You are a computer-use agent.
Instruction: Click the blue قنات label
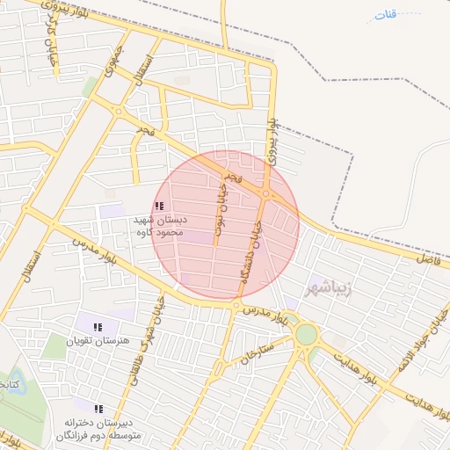click(x=385, y=16)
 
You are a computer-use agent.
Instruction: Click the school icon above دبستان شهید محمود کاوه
click(x=158, y=206)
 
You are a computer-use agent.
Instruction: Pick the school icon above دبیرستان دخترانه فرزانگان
click(x=98, y=409)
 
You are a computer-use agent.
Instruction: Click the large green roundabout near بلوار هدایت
click(x=306, y=334)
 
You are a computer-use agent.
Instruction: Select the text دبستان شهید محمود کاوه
click(x=158, y=226)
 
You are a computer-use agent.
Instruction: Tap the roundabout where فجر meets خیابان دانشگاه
click(x=265, y=194)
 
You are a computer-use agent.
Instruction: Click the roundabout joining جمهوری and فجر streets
click(x=118, y=111)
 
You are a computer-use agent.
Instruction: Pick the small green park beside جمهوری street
click(x=90, y=86)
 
